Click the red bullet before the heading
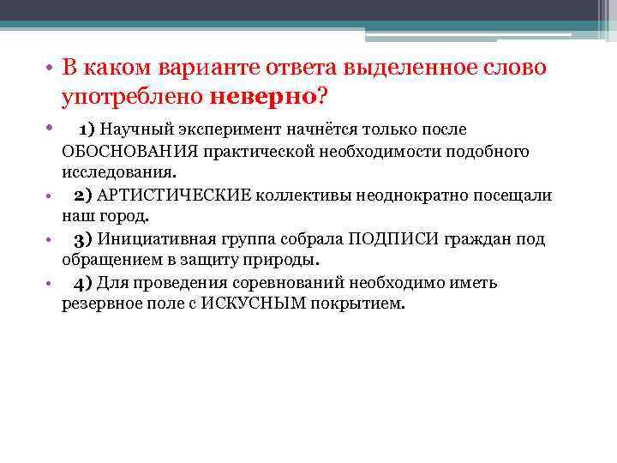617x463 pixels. click(51, 69)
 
